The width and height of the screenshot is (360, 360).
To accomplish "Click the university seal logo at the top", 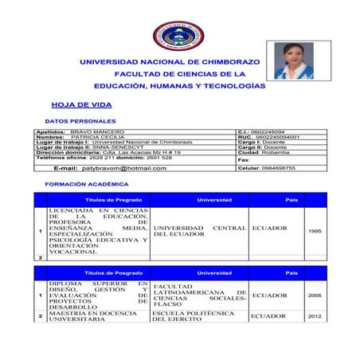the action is click(x=178, y=35).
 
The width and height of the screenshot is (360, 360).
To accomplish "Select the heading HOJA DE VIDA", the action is click(x=81, y=104).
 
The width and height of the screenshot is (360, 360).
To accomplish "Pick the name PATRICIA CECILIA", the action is click(x=98, y=136).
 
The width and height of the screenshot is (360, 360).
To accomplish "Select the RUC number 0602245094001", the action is click(x=275, y=136).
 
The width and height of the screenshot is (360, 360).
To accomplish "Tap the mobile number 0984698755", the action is click(x=278, y=168).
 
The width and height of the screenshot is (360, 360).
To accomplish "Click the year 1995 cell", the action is click(x=314, y=231).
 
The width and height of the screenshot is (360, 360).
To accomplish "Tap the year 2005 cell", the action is click(x=314, y=295).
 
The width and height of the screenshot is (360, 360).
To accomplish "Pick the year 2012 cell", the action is click(x=314, y=317).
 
